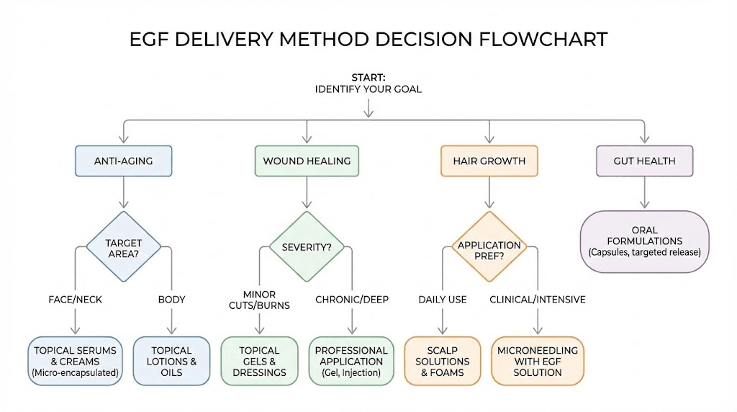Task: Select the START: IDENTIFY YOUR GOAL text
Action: [368, 84]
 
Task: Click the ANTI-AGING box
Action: [124, 161]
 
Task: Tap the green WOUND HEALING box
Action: [307, 161]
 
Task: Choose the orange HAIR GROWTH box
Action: [489, 161]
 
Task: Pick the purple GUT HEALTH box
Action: [644, 161]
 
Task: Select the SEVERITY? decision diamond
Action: [307, 247]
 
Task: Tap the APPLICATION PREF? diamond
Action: [489, 250]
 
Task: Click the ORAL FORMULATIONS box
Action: [644, 241]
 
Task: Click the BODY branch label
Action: [171, 299]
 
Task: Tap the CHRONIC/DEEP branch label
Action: [351, 299]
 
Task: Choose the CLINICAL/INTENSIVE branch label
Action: [538, 299]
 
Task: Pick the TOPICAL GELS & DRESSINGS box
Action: [260, 361]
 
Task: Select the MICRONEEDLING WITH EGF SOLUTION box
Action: [538, 361]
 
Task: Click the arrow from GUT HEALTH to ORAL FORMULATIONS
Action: [644, 192]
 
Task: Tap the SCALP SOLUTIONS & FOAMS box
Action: [441, 361]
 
